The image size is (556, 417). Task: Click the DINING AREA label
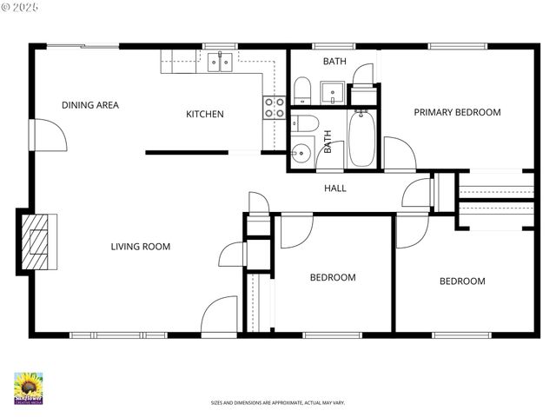[89, 105]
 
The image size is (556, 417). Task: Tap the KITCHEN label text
[205, 114]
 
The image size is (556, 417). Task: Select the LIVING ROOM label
[140, 247]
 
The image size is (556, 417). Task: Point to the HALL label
[335, 188]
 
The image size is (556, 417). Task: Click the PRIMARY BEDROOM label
[457, 112]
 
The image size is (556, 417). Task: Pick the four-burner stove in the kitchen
[275, 107]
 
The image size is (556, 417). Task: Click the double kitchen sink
[220, 60]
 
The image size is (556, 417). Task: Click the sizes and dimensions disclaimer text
[277, 403]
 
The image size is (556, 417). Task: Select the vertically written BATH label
[328, 142]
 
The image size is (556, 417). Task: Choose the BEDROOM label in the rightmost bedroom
[461, 281]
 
